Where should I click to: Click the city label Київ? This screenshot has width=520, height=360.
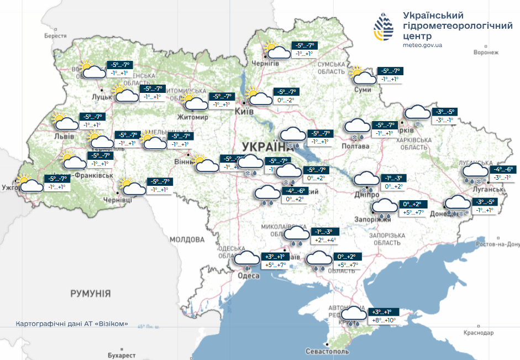click(x=244, y=112)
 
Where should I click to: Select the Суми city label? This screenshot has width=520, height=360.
click(x=363, y=90)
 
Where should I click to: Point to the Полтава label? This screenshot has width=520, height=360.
click(x=356, y=147)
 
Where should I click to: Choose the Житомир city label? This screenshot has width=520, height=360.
click(x=193, y=117)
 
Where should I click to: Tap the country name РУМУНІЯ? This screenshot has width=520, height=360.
click(x=91, y=294)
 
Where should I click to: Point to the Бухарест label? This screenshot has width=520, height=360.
click(x=122, y=354)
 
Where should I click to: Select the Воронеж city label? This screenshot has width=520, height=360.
click(x=486, y=53)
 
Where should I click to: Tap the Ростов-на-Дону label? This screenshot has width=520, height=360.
click(x=498, y=244)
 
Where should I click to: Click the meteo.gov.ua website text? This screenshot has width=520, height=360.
click(x=423, y=45)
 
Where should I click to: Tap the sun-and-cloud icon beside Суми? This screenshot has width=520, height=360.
click(x=361, y=76)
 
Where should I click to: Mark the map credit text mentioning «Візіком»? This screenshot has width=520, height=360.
click(x=72, y=324)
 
